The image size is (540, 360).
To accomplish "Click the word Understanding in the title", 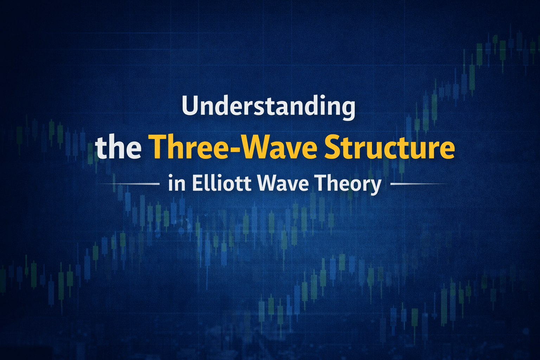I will point(268,106).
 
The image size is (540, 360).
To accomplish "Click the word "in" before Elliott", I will point(176,184).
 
